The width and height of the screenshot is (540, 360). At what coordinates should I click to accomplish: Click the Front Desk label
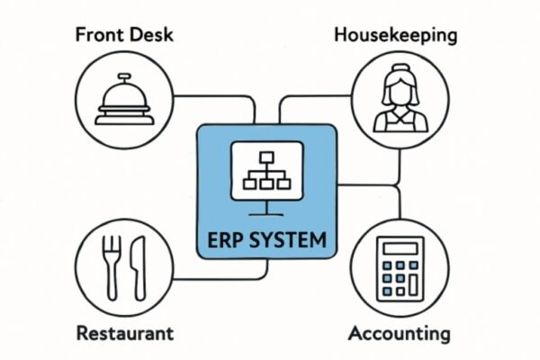[124, 37]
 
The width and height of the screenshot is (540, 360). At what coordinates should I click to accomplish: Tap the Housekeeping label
[394, 36]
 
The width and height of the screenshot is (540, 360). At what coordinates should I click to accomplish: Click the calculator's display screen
[396, 245]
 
